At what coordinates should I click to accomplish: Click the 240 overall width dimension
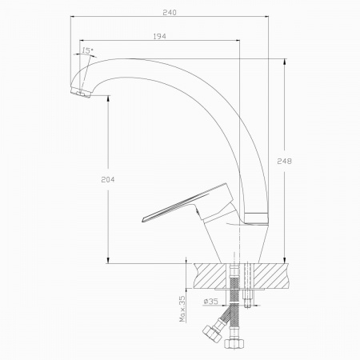pos(170,13)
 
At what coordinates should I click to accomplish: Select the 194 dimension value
pos(159,36)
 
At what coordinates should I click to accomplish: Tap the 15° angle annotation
pos(87,50)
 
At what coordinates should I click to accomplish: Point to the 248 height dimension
pos(284,161)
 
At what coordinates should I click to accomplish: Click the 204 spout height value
pos(108,180)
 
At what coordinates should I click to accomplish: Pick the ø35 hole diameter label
pos(210,302)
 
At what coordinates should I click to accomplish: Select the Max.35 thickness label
pos(182,309)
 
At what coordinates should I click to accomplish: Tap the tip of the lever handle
pos(142,220)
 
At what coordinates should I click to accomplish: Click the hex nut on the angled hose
pos(212,334)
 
